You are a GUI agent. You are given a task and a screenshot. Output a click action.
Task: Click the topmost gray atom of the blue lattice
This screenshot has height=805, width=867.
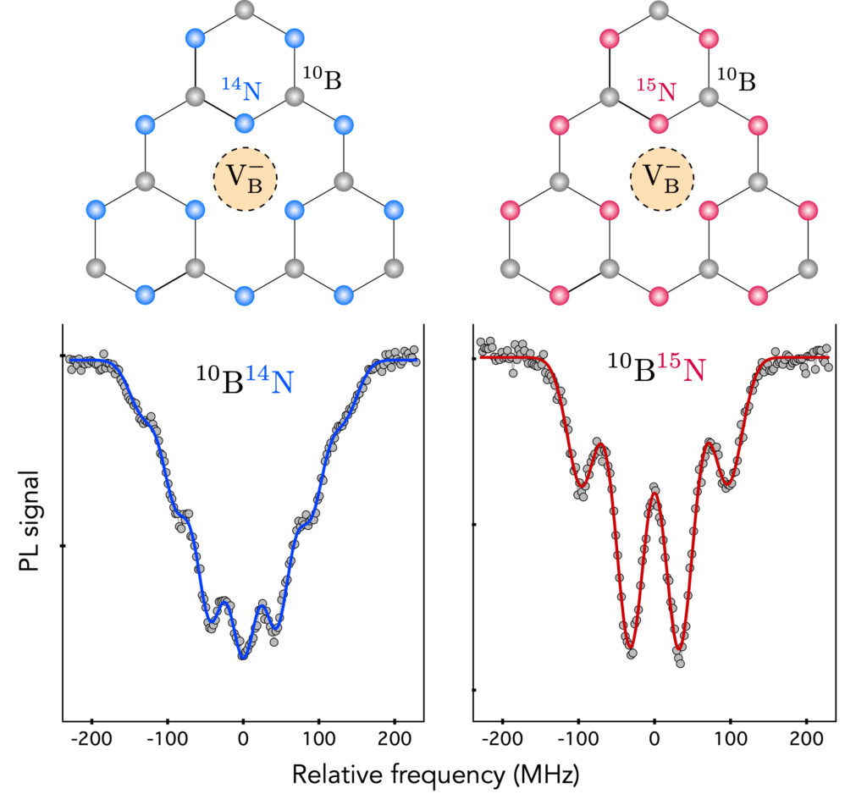coord(245,11)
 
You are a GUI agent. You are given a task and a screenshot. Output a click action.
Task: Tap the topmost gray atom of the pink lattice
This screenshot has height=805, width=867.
coord(660,11)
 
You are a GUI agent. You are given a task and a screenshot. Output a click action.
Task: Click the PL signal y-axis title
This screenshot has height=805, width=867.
coord(30,522)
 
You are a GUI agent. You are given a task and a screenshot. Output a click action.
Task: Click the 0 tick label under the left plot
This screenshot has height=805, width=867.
coord(243,739)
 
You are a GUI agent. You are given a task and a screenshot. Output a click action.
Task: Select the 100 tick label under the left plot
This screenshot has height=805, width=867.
coord(318,739)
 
